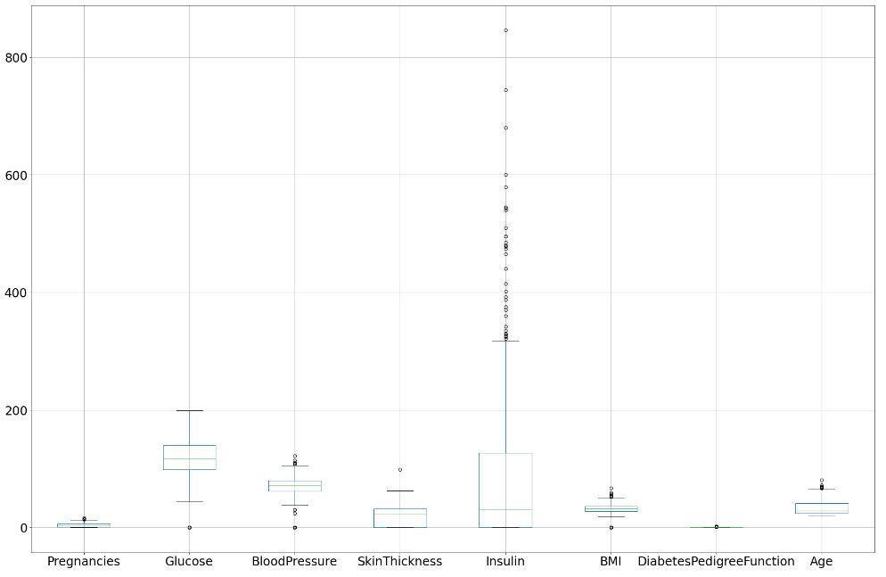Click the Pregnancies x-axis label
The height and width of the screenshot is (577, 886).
(83, 562)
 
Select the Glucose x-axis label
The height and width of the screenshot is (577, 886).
(189, 562)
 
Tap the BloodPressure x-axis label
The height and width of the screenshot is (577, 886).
(294, 562)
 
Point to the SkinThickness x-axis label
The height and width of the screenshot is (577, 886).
(399, 562)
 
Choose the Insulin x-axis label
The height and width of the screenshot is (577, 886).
(505, 562)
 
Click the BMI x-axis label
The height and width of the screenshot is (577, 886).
(611, 562)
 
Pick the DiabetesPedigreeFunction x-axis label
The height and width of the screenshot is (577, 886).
(716, 562)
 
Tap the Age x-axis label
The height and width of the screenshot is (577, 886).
(821, 562)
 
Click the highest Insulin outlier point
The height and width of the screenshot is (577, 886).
(505, 30)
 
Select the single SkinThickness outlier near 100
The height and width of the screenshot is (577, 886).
(400, 469)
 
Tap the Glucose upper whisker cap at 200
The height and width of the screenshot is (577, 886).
(189, 410)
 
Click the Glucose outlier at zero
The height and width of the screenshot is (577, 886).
(189, 528)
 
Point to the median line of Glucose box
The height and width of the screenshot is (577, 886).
(189, 458)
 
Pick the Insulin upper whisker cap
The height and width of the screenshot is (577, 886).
(505, 341)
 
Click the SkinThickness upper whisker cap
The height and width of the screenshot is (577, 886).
(400, 490)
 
